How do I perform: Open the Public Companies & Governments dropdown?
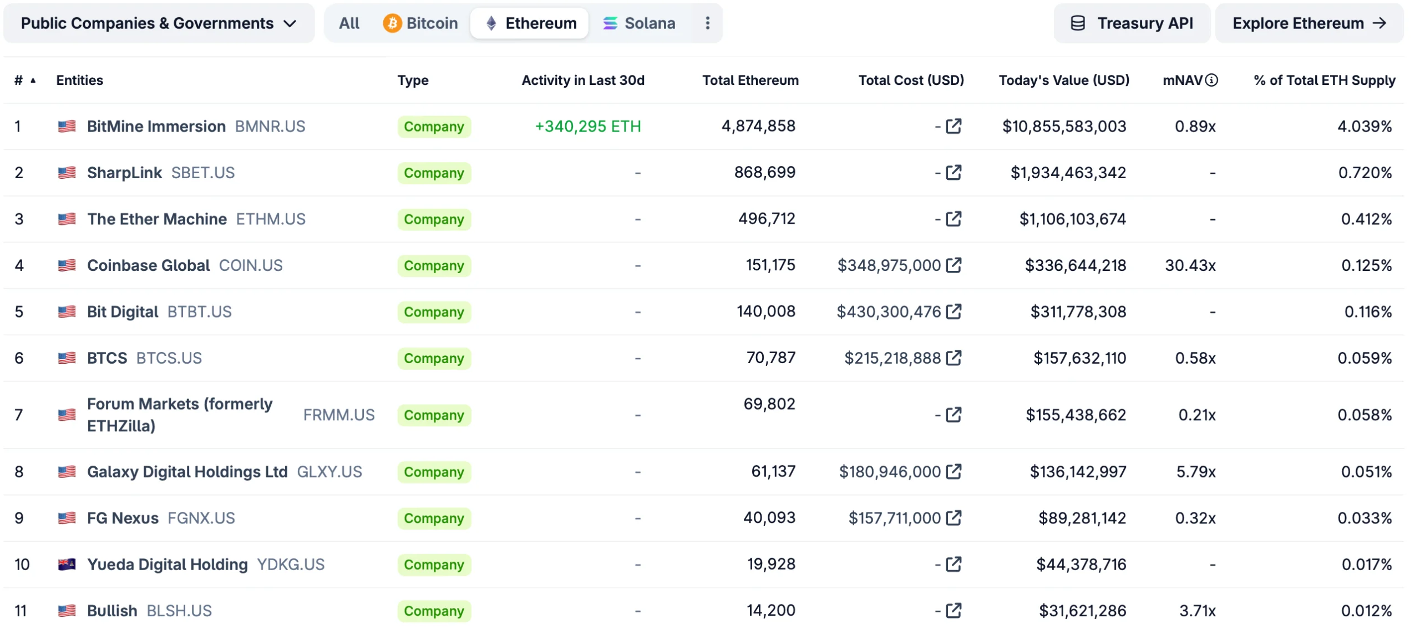159,23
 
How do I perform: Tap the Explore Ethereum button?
1309,23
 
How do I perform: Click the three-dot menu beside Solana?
707,23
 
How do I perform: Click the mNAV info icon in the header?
1212,80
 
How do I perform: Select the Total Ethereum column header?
750,80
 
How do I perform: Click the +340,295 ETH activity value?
587,127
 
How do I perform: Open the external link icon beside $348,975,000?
954,265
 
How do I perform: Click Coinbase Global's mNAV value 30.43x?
1190,265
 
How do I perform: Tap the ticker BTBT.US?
200,312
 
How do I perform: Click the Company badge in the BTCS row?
434,359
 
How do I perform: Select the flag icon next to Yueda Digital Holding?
67,565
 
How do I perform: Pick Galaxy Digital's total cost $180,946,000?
889,472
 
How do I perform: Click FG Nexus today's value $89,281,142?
1082,519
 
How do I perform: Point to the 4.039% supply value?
1364,127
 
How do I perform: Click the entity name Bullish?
112,611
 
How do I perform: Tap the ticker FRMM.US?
339,415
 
